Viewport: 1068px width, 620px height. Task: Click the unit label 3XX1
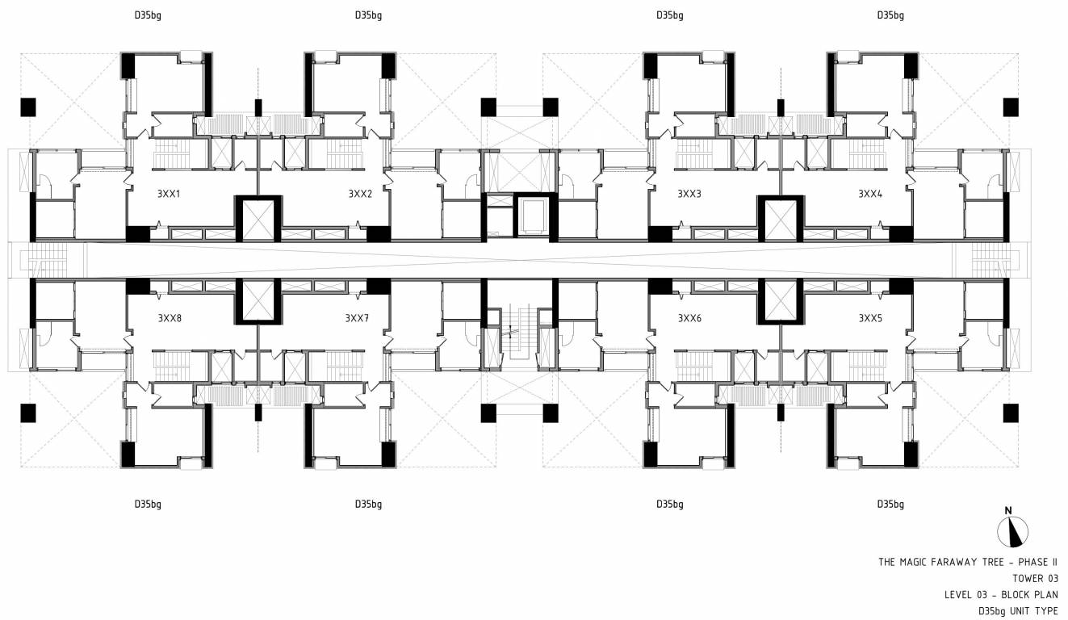tap(169, 194)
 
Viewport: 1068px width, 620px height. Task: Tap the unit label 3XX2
tap(360, 194)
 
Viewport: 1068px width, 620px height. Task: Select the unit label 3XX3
tap(689, 194)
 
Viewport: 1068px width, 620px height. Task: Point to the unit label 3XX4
tap(870, 194)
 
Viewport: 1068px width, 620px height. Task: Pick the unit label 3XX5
tap(870, 318)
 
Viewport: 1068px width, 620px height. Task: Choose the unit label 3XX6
tap(689, 318)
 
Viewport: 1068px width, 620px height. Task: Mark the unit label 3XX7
tap(357, 318)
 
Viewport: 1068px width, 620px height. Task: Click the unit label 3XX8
tap(170, 318)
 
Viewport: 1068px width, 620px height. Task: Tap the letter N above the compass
tap(1008, 510)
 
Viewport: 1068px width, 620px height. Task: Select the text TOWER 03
tap(1035, 579)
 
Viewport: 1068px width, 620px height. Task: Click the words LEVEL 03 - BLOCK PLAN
tap(1001, 595)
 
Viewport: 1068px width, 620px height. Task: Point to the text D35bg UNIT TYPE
tap(1018, 611)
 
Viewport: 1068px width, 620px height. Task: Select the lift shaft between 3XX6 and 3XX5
tap(781, 300)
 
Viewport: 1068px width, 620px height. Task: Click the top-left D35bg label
tap(148, 15)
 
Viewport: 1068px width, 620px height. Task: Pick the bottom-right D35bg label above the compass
tap(890, 505)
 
